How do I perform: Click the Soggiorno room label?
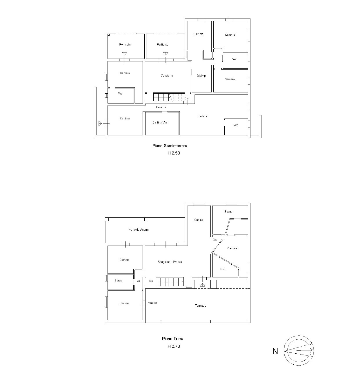(167, 76)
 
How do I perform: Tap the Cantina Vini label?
(160, 122)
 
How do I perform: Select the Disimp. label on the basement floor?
(201, 76)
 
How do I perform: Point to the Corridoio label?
(161, 107)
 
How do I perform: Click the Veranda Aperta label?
(139, 230)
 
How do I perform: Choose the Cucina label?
(199, 220)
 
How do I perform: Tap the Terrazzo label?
(201, 306)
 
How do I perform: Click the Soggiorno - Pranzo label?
(170, 262)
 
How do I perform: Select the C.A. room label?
(223, 269)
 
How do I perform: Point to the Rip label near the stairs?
(151, 281)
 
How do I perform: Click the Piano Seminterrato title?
(170, 146)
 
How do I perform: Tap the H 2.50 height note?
(174, 153)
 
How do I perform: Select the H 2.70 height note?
(174, 346)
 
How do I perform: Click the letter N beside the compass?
(275, 351)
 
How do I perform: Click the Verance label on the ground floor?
(152, 303)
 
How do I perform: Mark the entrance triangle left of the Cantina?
(100, 123)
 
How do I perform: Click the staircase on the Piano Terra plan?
(170, 281)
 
